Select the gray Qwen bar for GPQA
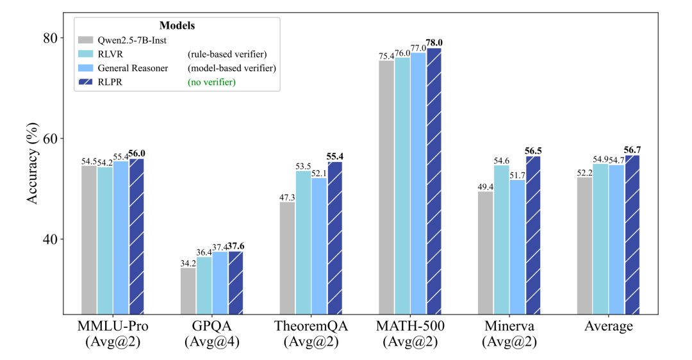point(188,291)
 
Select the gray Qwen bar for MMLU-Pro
point(89,240)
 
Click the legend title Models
point(177,26)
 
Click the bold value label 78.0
point(434,43)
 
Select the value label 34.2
point(188,263)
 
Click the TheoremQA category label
point(311,327)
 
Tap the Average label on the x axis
point(608,327)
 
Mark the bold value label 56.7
point(632,150)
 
